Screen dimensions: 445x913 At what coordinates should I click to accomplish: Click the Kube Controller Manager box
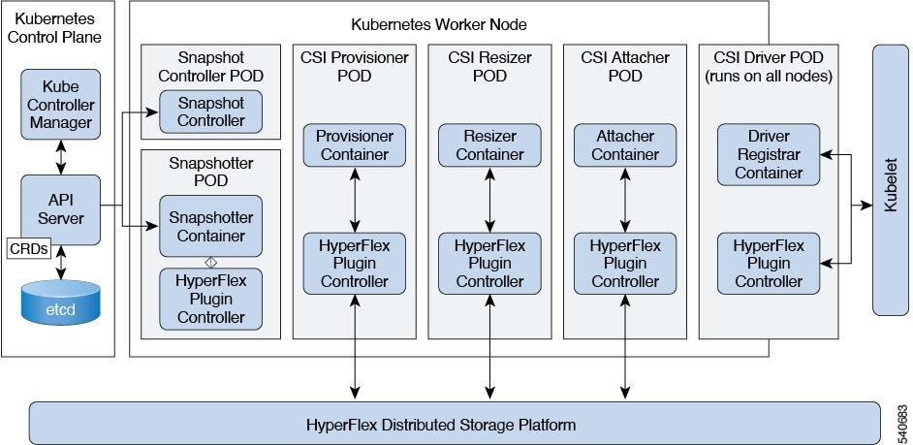60,103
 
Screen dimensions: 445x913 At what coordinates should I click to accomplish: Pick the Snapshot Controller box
210,111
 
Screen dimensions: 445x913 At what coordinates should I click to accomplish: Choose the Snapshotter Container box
210,226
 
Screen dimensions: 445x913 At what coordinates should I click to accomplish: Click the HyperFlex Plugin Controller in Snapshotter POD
210,299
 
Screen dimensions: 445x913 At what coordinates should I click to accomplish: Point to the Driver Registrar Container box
769,154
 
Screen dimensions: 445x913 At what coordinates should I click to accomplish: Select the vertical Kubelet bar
890,179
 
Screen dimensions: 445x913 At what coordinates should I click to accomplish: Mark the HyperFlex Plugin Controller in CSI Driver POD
769,263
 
